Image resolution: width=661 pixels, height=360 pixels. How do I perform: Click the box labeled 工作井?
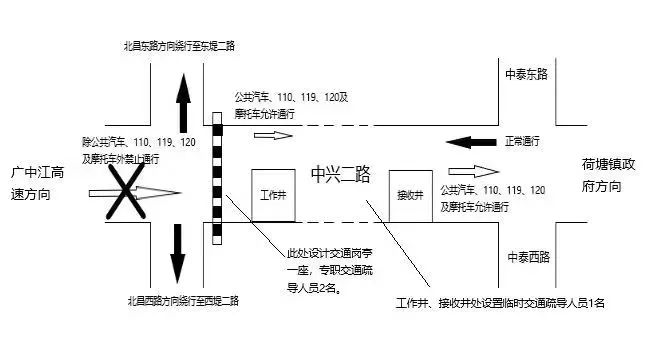tap(273, 194)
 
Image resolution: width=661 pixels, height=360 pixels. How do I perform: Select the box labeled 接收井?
tap(410, 192)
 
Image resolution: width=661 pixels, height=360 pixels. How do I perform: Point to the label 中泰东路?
tap(527, 74)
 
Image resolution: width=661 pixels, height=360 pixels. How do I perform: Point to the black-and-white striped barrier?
tap(217, 178)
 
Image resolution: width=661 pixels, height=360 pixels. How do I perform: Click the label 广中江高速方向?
tap(33, 183)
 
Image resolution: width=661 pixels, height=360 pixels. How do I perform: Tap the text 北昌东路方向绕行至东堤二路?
tap(180, 45)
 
